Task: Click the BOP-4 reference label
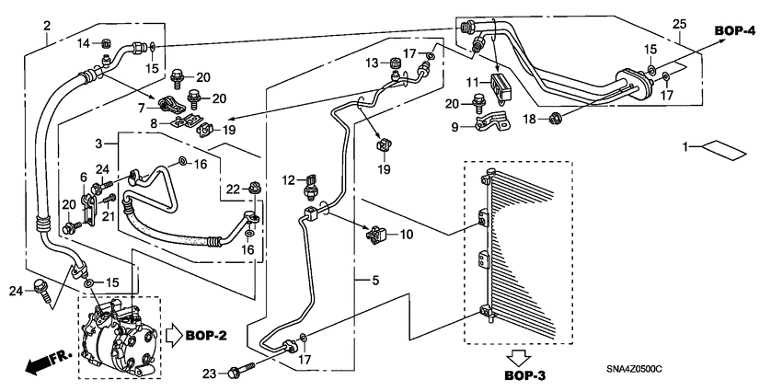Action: coord(735,30)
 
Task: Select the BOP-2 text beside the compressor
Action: coord(206,336)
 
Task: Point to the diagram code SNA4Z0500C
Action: coord(634,369)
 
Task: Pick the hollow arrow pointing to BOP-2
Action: coord(174,335)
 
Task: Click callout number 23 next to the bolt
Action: coord(211,373)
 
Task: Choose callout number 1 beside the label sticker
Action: coord(685,146)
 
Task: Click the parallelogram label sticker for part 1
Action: coord(724,150)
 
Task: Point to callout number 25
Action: coord(679,24)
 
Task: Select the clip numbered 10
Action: coord(376,235)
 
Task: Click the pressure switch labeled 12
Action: coord(312,187)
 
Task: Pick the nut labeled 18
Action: coord(555,119)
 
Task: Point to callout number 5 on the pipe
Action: coord(375,281)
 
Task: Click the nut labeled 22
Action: coord(253,189)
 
